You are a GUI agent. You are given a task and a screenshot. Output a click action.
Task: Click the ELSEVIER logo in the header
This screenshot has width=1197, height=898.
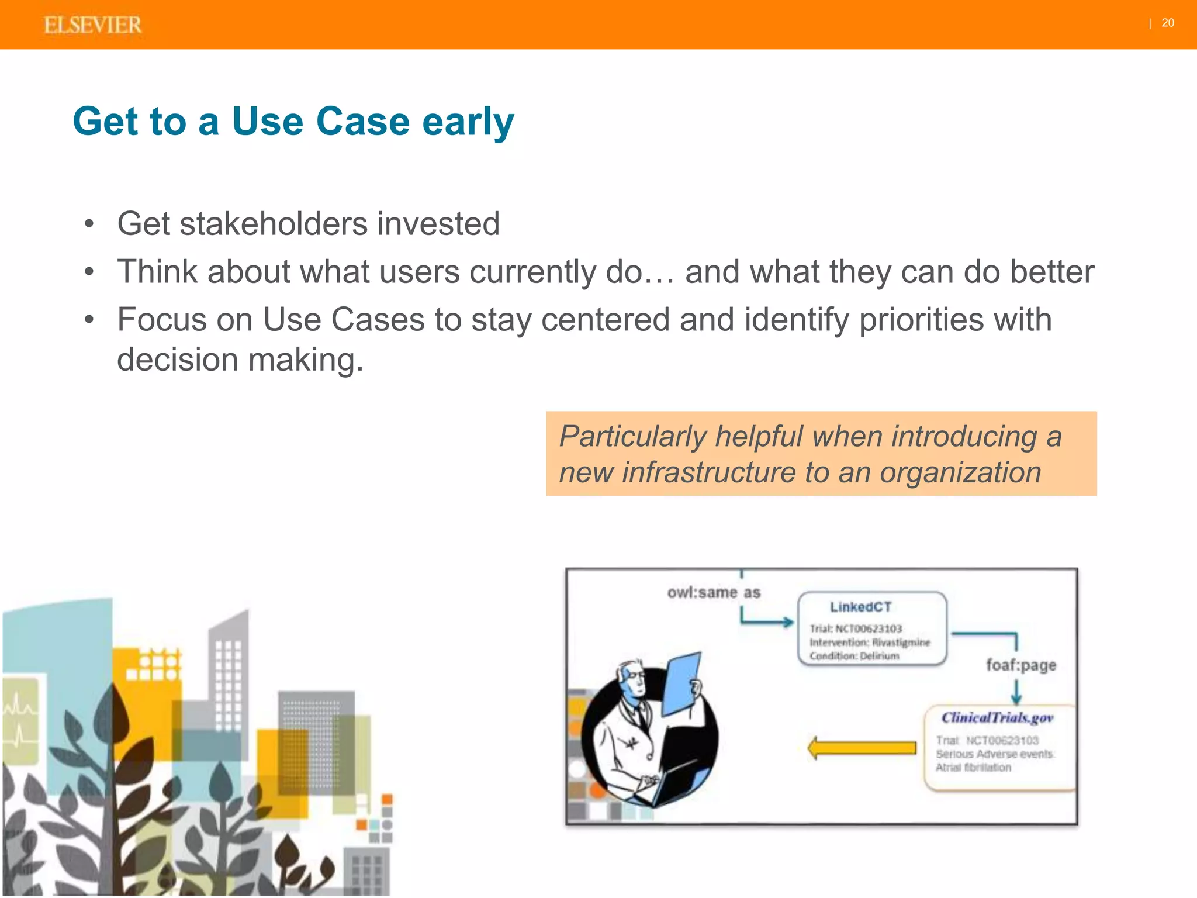click(92, 25)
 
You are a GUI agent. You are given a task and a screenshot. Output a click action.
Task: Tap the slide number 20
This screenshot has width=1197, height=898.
click(1167, 23)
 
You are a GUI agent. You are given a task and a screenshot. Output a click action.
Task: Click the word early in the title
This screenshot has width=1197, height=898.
click(468, 122)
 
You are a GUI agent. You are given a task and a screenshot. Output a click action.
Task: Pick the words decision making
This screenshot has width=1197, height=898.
click(240, 360)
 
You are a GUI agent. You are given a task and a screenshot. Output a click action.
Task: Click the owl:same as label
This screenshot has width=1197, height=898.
click(714, 593)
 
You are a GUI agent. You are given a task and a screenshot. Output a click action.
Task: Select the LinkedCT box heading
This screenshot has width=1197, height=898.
click(860, 607)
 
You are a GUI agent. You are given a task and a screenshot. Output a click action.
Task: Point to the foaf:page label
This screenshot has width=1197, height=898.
click(1020, 665)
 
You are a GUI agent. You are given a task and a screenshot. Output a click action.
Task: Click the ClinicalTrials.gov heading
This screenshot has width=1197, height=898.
click(997, 718)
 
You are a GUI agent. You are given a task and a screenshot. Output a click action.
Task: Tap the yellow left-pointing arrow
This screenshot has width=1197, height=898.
click(862, 748)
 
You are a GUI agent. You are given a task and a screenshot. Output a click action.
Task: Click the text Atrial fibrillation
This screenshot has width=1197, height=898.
click(973, 768)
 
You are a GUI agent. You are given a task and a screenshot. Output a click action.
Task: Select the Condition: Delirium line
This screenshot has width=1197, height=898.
click(854, 656)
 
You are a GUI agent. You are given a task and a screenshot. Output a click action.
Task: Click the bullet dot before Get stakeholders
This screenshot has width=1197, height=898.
click(89, 224)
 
